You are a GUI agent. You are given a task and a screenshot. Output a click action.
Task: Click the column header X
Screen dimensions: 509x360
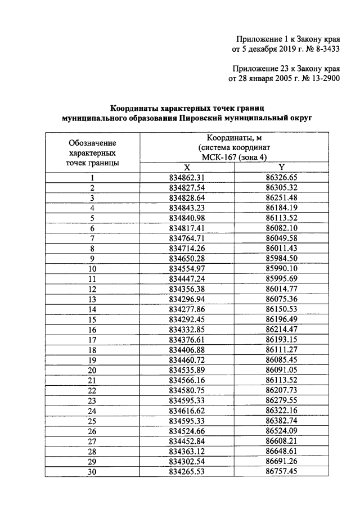click(x=187, y=167)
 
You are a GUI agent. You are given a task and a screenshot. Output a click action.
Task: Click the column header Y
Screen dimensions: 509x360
click(x=281, y=167)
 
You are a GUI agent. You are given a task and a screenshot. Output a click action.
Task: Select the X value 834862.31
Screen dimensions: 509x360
click(x=187, y=177)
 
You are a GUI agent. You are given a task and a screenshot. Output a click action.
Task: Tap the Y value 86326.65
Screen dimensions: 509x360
click(x=281, y=177)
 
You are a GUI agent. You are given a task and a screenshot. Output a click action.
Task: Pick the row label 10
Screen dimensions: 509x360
click(x=92, y=269)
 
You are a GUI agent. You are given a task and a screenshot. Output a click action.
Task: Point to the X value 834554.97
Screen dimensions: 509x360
click(x=187, y=269)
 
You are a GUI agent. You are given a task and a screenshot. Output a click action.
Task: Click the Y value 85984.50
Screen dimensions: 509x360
click(x=281, y=259)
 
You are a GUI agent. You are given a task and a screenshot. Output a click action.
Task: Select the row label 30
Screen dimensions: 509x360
click(x=92, y=471)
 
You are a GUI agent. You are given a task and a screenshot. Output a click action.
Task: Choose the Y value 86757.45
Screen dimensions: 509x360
click(x=281, y=471)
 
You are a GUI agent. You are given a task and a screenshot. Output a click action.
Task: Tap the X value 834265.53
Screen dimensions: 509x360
click(x=187, y=471)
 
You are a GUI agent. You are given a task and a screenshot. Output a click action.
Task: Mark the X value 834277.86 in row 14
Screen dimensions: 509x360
click(x=187, y=309)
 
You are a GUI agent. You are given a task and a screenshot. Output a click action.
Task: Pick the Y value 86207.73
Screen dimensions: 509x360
click(x=281, y=390)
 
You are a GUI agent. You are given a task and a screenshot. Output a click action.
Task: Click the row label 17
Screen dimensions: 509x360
click(x=92, y=340)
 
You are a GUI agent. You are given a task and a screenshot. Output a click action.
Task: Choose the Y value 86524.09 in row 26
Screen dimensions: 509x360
click(x=281, y=431)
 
